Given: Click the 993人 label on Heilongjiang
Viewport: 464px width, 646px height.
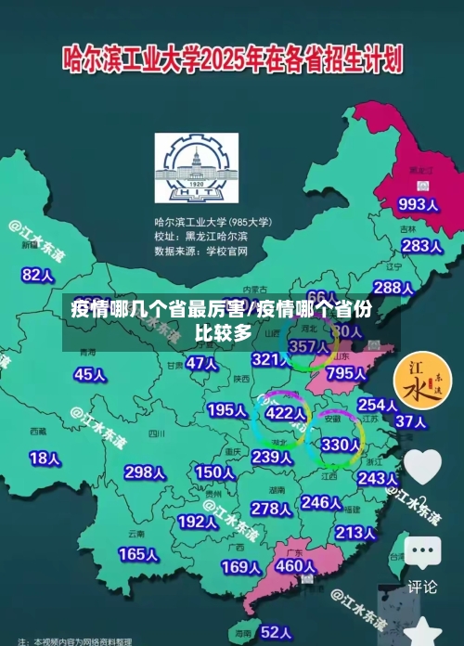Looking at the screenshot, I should (417, 204).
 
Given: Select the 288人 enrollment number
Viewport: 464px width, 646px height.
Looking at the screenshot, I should (393, 288).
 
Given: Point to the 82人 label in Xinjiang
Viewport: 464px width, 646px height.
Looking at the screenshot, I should (38, 249).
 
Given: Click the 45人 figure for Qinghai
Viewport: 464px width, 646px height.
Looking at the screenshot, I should (89, 374).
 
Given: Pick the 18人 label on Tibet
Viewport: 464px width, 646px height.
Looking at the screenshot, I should (45, 458).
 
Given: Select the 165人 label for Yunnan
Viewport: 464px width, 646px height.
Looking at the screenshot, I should (137, 554).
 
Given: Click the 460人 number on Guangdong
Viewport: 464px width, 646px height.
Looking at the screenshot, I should (297, 565).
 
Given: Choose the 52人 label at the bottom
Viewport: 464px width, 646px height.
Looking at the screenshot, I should (277, 632).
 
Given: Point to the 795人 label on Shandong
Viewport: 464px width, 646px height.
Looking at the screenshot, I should (346, 373).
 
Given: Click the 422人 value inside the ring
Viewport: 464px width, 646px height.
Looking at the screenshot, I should (285, 413).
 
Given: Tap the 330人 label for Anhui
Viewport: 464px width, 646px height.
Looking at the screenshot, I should (340, 446).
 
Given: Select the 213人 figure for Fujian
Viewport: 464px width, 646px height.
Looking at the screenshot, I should (354, 533).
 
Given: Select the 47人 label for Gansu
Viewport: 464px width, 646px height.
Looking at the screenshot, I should (200, 363).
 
